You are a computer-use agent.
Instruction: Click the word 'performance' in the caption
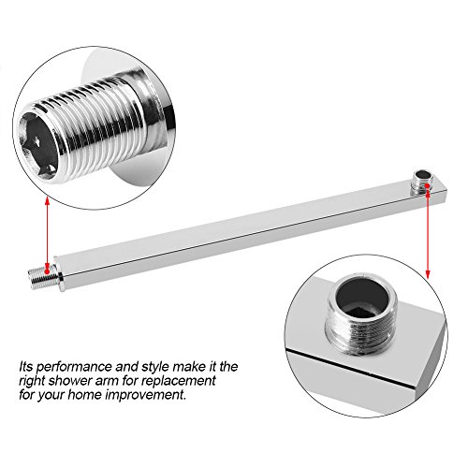74,367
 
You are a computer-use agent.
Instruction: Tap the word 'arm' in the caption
113,382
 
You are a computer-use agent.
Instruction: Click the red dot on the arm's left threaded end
47,271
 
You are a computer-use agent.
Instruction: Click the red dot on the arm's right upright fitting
428,186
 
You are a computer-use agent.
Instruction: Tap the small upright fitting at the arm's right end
422,183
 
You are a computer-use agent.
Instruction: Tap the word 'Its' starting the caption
26,366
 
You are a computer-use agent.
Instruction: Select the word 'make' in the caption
189,366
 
